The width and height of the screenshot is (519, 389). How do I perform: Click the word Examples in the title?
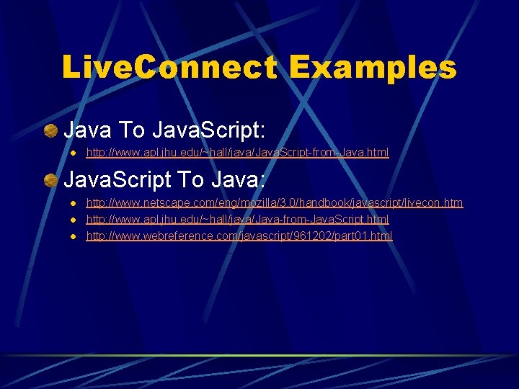[x=373, y=68]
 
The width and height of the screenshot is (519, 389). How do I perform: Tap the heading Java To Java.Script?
[x=165, y=130]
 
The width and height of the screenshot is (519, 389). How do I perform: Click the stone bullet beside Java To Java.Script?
[x=50, y=130]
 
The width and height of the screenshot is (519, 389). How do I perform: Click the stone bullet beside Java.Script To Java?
[x=50, y=180]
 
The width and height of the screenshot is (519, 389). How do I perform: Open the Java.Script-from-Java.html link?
[x=237, y=153]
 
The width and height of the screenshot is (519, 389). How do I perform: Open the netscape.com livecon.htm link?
[x=275, y=203]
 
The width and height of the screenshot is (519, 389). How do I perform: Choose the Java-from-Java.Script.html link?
[x=237, y=219]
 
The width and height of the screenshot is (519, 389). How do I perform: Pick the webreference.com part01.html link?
[x=239, y=236]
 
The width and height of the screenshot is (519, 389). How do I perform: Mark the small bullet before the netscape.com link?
[x=73, y=204]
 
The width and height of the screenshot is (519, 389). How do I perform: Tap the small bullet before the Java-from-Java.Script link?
[x=73, y=220]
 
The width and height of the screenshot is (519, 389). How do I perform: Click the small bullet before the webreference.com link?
[x=73, y=236]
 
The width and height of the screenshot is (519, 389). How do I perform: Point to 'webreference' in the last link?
[x=165, y=236]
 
